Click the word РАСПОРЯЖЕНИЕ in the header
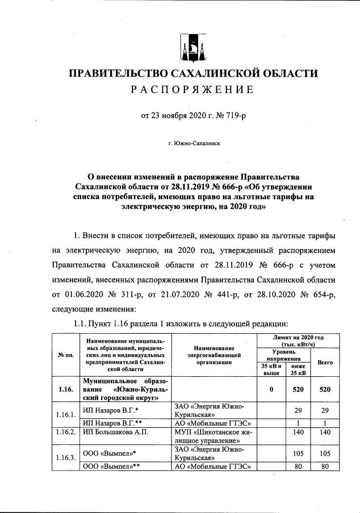tap(192, 90)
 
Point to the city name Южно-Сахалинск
tap(195, 144)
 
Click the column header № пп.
tap(66, 355)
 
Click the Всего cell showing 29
tap(324, 409)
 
